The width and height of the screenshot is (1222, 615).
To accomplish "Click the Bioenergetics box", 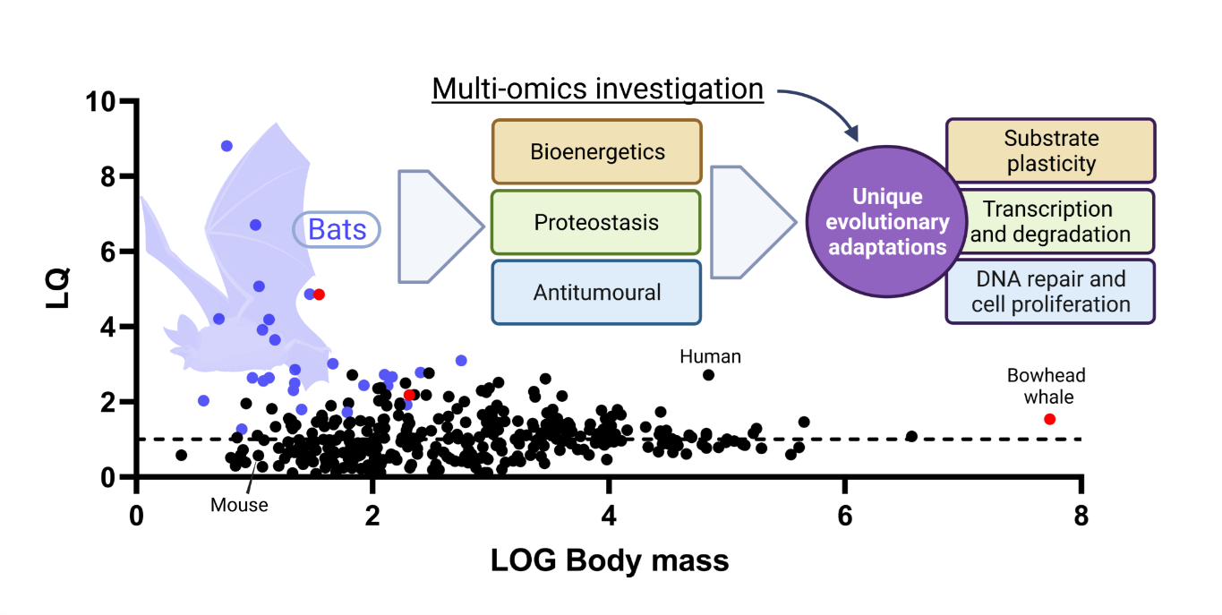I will (596, 151).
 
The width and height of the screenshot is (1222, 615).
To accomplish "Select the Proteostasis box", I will (596, 221).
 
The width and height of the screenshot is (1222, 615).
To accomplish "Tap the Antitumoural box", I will (596, 292).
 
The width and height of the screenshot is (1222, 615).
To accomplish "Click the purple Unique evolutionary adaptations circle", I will (887, 221).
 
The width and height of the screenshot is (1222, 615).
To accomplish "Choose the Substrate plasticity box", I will (1050, 151).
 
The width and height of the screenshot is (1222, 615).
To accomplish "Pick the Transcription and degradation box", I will (1050, 221).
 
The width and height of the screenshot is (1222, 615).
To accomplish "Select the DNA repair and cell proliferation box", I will (1050, 292).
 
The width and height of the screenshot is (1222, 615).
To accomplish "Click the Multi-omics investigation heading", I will (597, 90).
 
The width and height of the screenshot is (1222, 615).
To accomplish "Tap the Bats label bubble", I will (337, 230).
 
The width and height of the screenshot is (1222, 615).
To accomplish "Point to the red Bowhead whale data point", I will (1049, 419).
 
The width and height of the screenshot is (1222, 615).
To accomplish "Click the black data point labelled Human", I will (708, 374).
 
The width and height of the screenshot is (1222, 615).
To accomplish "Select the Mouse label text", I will (239, 505).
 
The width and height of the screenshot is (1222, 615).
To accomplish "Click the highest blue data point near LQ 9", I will (226, 146).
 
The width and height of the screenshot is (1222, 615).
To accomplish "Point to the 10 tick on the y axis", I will (107, 101).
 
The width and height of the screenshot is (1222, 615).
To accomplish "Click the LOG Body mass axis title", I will (609, 561).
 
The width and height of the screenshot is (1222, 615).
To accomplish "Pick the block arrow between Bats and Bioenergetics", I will (440, 226).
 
